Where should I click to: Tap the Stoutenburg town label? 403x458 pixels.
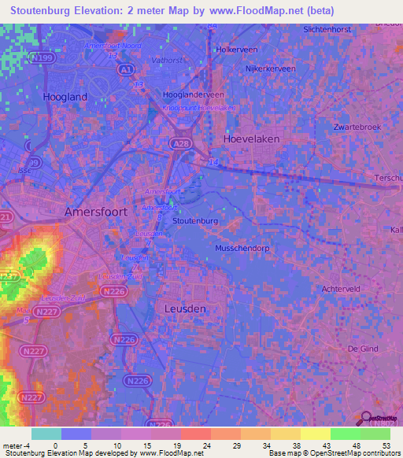click(x=194, y=222)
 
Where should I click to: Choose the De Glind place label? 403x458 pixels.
click(x=364, y=348)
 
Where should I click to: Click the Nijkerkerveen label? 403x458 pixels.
click(x=271, y=69)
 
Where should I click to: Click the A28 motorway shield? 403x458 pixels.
click(x=179, y=143)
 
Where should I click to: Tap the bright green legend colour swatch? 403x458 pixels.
click(x=345, y=434)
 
